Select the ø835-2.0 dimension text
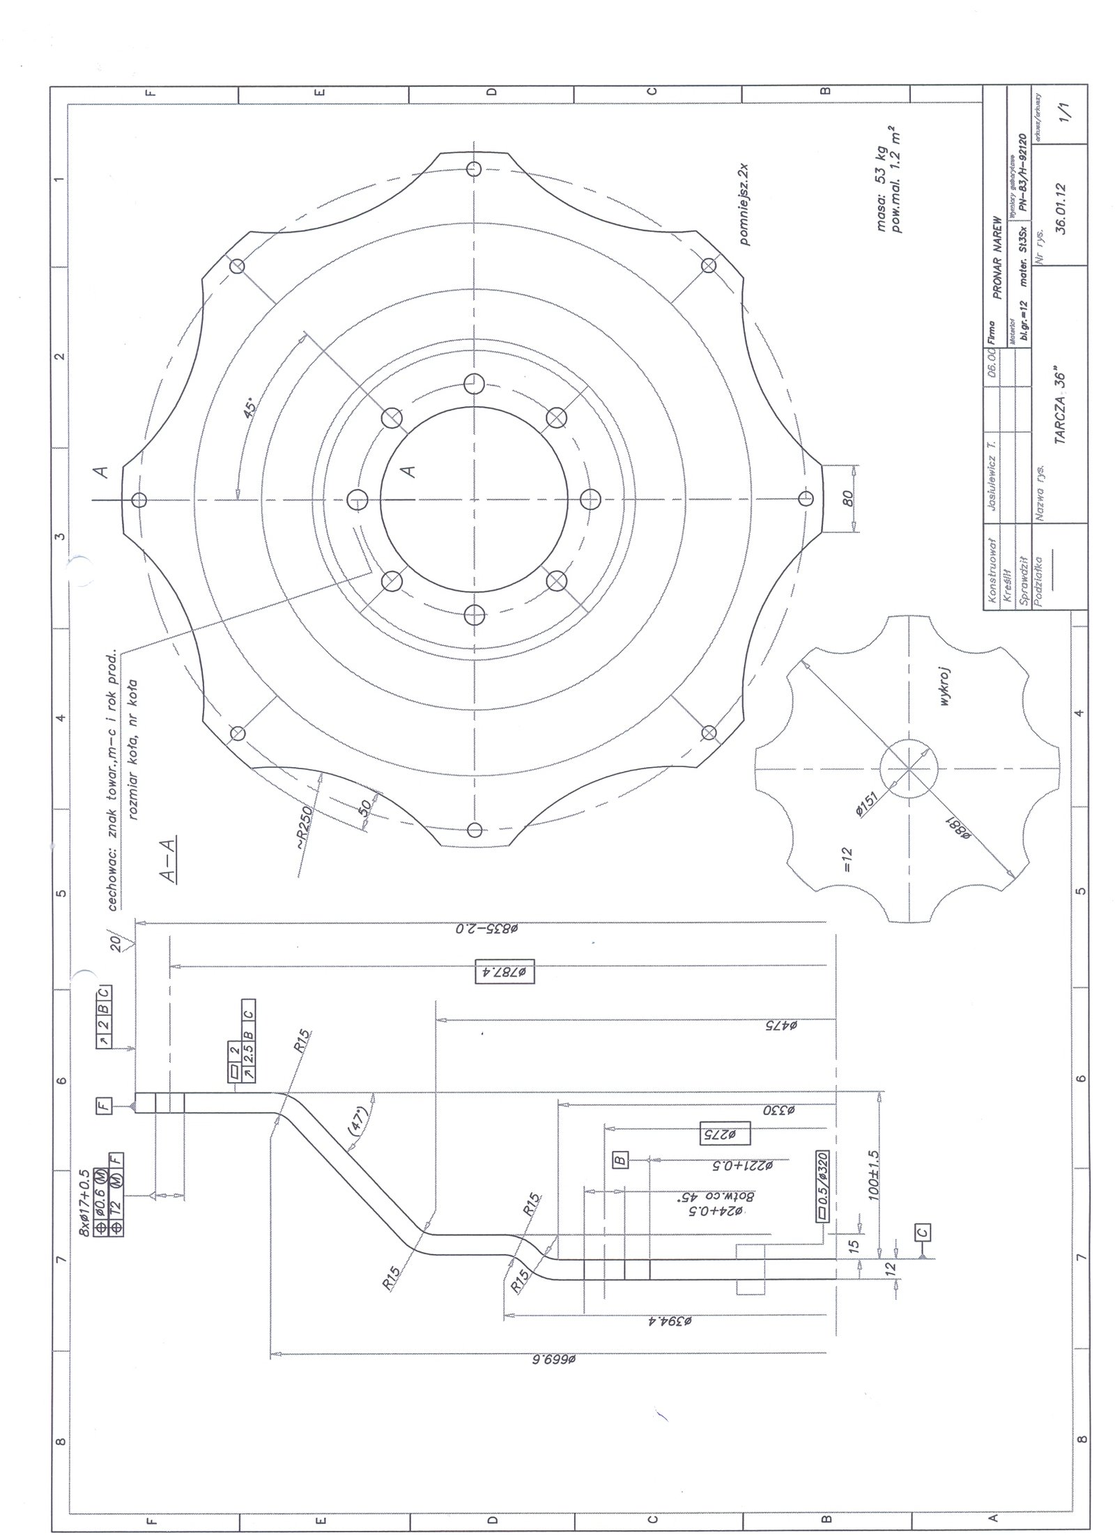(x=491, y=929)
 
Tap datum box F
(x=103, y=1106)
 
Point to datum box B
(x=620, y=1160)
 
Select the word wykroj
(x=946, y=686)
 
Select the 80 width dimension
(x=847, y=499)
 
